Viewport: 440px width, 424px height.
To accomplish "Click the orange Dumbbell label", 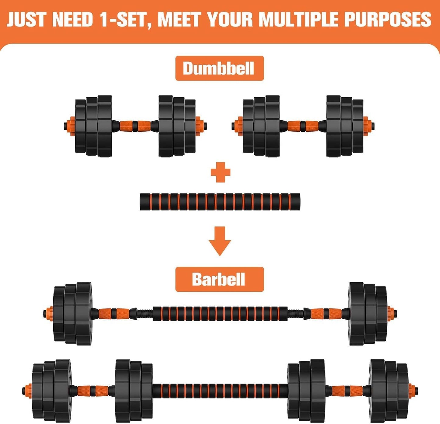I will coord(219,68).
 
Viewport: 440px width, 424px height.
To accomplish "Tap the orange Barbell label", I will coord(219,279).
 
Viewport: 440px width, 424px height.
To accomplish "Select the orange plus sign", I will coord(220,172).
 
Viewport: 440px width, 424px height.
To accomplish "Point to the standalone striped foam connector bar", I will coord(220,201).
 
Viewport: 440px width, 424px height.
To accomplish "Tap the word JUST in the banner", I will coord(26,19).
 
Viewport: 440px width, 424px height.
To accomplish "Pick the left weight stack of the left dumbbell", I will coord(93,126).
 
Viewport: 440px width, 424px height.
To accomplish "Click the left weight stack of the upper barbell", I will coord(72,314).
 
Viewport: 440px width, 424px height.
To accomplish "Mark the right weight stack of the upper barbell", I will coord(367,314).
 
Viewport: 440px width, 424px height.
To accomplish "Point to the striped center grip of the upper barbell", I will coord(220,314).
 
